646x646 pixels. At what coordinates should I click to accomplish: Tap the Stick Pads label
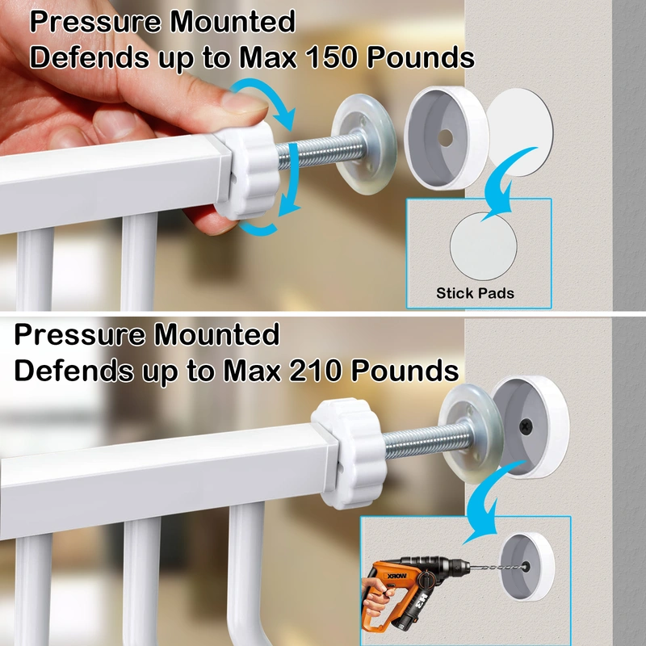pyautogui.click(x=475, y=293)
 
